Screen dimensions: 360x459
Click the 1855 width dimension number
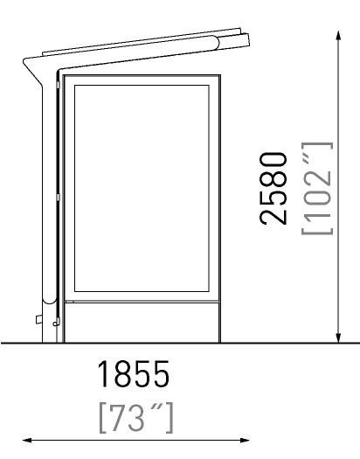134,374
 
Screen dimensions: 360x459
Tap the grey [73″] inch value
136,418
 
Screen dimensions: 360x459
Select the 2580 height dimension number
273,188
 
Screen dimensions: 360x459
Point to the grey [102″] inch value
317,188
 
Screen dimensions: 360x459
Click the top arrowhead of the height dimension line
338,35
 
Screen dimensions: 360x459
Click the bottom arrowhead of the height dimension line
338,338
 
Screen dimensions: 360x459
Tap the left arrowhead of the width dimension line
27,440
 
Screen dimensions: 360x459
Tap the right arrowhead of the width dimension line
245,440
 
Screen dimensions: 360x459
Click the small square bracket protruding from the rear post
39,319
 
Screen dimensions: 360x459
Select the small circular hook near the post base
54,323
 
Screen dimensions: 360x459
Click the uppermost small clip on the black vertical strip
58,85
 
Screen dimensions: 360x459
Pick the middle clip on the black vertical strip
58,198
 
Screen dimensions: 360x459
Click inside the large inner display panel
142,188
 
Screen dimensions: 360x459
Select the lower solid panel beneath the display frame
142,323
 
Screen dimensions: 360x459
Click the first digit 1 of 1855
103,374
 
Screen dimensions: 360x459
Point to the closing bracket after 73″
170,418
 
